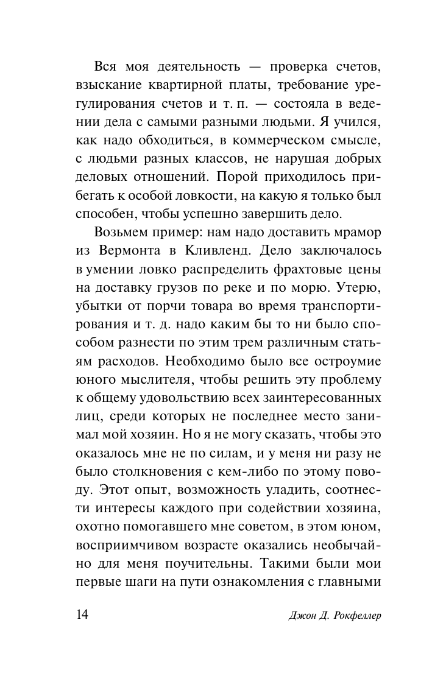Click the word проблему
[x=352, y=380]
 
